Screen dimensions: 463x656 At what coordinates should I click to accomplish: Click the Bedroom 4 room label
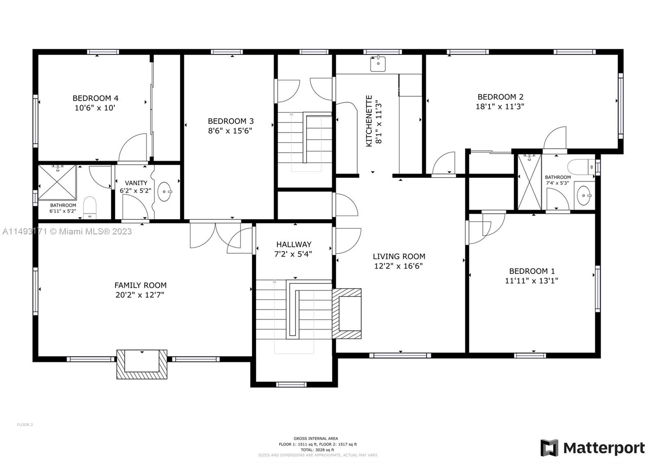[x=96, y=98]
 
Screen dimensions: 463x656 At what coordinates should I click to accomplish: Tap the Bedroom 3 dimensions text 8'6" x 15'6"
[x=230, y=131]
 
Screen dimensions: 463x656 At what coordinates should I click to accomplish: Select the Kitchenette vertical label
[x=369, y=121]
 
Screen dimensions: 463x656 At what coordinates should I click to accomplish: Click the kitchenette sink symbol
[x=378, y=64]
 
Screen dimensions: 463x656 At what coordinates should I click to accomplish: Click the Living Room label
[x=399, y=256]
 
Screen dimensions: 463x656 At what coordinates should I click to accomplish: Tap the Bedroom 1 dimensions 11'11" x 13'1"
[x=531, y=281]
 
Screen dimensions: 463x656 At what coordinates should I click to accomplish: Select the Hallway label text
[x=294, y=245]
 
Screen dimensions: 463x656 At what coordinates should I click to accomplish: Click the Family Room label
[x=140, y=285]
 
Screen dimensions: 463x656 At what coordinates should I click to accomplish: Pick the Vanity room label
[x=136, y=183]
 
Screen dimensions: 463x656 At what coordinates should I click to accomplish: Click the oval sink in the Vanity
[x=165, y=191]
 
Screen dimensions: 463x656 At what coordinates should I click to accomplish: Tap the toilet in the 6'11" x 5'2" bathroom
[x=89, y=207]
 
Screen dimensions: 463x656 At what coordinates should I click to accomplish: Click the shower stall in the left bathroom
[x=57, y=183]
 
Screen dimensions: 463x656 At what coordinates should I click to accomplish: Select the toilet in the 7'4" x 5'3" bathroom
[x=581, y=167]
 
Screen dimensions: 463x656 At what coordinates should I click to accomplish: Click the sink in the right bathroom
[x=584, y=196]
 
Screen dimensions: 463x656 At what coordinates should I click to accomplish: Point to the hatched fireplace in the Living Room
[x=347, y=313]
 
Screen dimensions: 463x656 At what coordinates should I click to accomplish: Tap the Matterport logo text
[x=604, y=448]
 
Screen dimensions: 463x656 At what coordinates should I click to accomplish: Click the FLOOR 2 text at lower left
[x=25, y=424]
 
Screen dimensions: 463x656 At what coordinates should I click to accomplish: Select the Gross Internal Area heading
[x=316, y=438]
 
